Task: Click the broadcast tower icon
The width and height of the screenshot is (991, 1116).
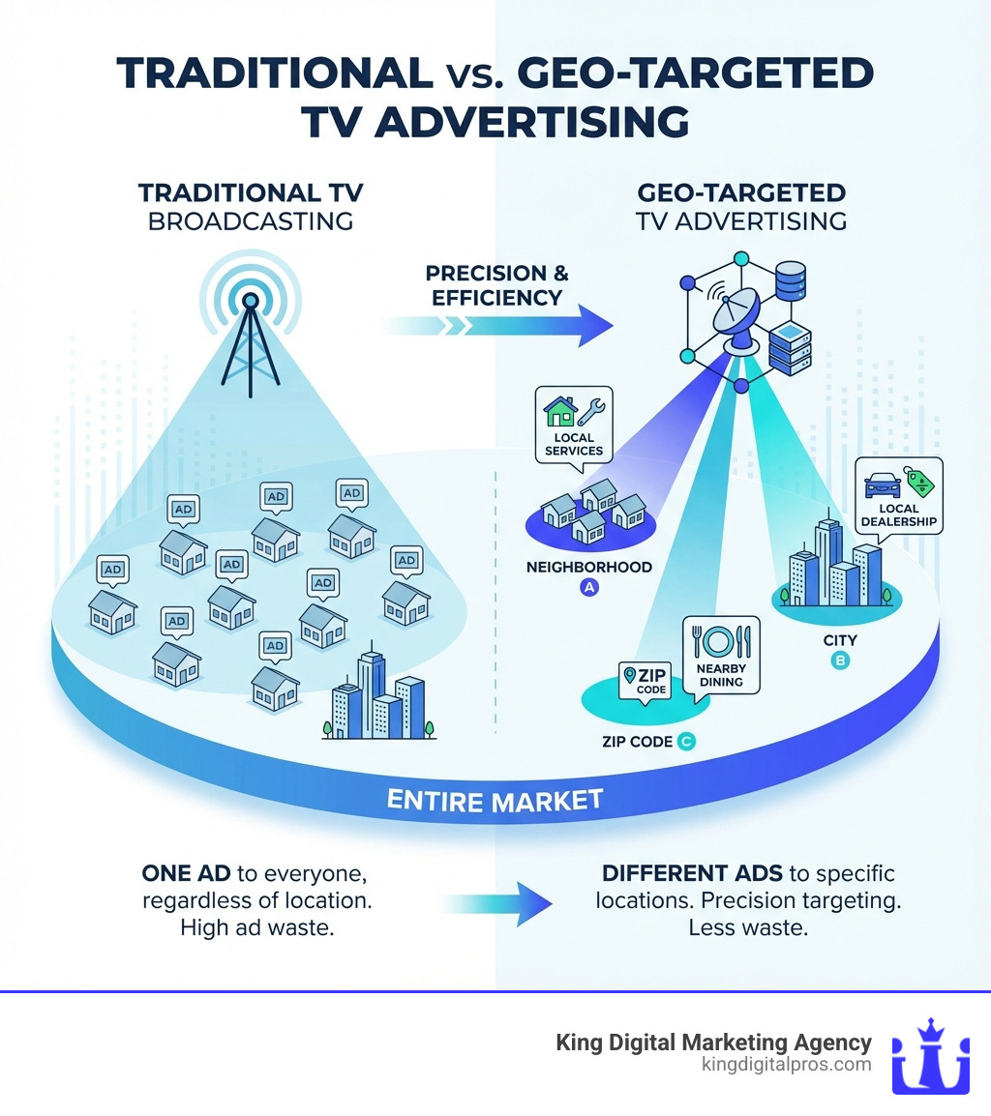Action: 250,338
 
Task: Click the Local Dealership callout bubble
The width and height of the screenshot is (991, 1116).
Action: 898,495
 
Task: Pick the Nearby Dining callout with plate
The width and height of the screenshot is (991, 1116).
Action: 721,655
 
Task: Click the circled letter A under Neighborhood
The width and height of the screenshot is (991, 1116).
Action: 587,586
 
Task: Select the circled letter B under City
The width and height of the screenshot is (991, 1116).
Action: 840,661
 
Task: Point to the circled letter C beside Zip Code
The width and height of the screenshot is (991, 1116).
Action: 686,742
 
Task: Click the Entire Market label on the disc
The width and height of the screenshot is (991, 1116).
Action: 495,800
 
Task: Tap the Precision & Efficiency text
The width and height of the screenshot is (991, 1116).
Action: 497,285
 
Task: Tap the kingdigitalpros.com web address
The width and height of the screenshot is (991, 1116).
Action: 785,1064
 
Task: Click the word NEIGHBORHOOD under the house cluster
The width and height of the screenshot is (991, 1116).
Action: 588,567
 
